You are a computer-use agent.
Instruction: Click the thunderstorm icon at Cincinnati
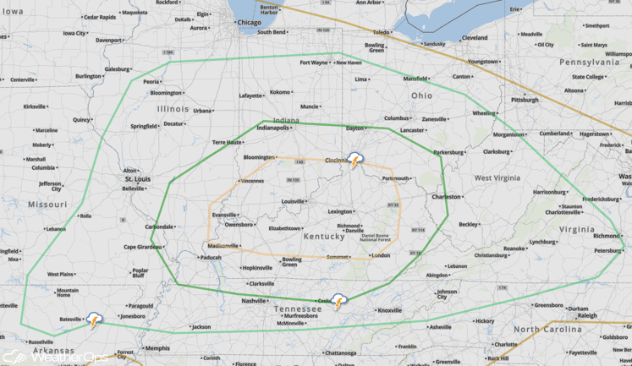click(356, 160)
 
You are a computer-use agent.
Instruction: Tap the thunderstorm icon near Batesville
click(94, 320)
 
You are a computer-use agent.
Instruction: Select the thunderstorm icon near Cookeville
click(338, 301)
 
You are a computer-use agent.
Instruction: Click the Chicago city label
click(249, 23)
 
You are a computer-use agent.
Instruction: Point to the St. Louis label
click(138, 179)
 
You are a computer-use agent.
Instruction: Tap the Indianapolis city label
click(273, 128)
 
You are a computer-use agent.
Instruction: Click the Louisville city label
click(293, 201)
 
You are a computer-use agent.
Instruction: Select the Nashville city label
click(253, 301)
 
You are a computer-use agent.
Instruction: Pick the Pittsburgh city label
click(525, 100)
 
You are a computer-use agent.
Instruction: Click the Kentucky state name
click(324, 236)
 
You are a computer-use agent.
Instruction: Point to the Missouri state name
click(47, 205)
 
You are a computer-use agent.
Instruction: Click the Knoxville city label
click(389, 310)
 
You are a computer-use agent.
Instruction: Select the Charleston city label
click(446, 197)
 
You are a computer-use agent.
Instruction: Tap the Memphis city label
click(157, 347)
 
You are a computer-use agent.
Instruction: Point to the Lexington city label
click(339, 211)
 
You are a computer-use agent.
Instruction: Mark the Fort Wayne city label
click(314, 63)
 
